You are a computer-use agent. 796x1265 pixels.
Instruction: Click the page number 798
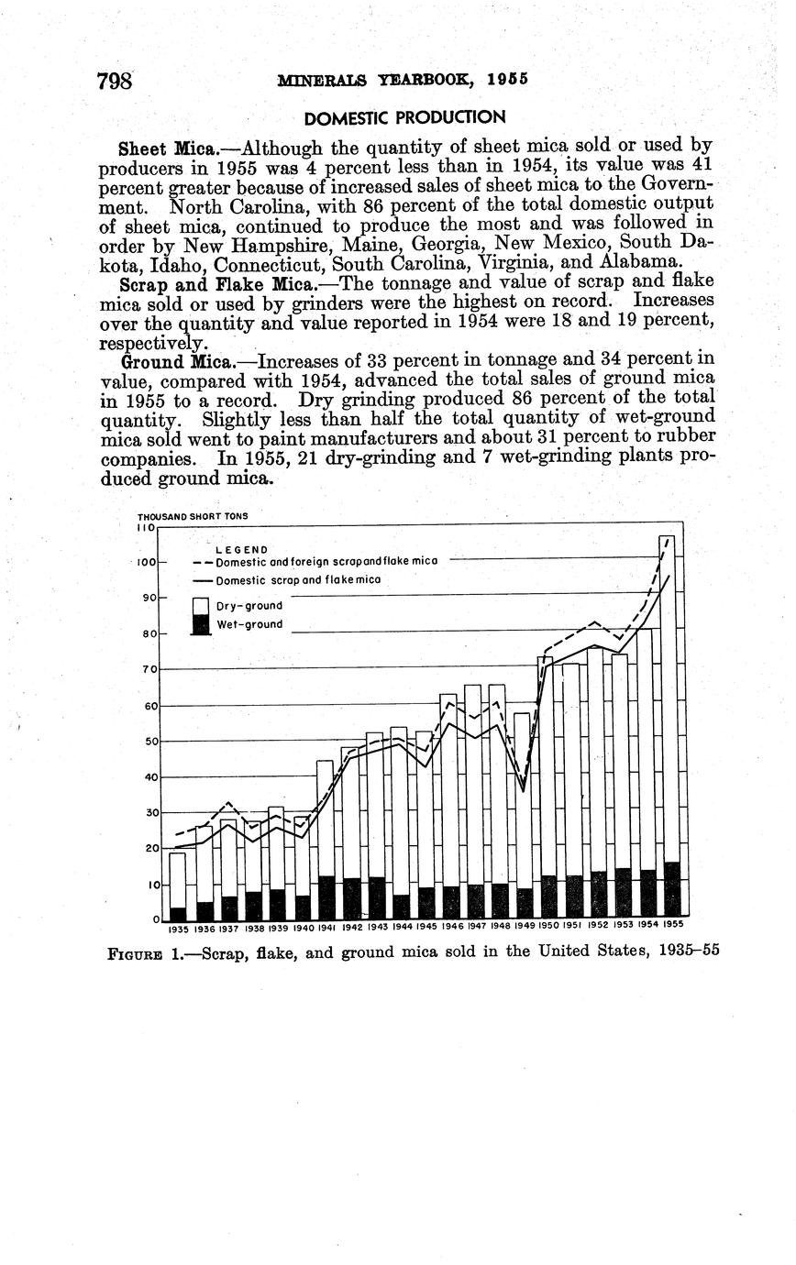pos(116,81)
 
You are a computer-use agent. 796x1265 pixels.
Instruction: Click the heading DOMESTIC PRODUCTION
pos(404,117)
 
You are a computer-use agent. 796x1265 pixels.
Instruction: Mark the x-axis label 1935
pos(178,928)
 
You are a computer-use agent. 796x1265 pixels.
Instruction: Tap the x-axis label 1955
pos(673,924)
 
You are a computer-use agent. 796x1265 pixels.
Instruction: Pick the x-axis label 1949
pos(525,926)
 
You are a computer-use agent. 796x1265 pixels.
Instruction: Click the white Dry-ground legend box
pos(201,606)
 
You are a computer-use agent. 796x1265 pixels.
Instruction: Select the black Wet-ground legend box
pos(201,625)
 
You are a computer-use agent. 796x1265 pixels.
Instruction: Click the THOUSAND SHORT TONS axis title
pos(192,516)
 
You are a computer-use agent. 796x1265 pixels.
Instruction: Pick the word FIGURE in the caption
pos(135,952)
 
